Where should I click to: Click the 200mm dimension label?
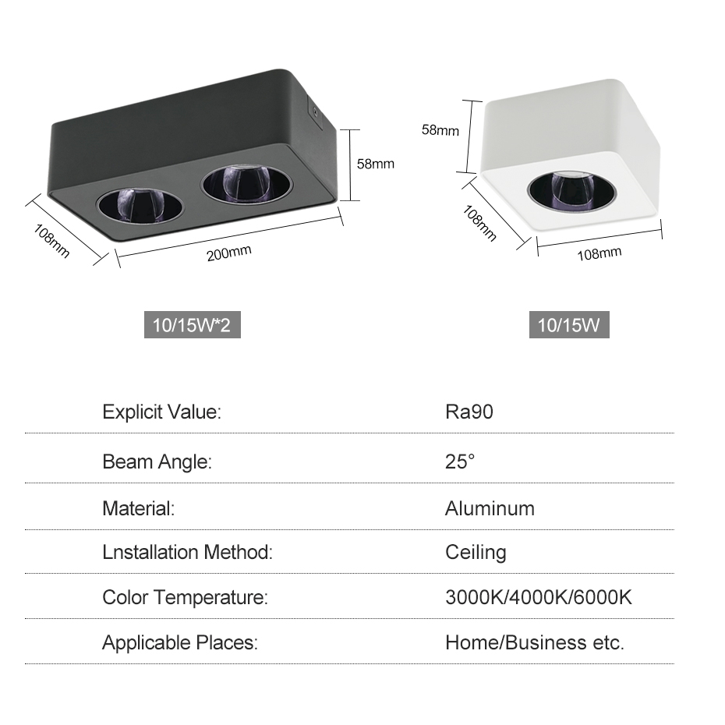coord(229,253)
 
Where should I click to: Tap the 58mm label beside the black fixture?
coord(376,164)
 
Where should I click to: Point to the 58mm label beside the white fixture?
coord(440,130)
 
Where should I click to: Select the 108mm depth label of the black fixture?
coord(51,241)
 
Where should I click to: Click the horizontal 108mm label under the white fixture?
coord(599,254)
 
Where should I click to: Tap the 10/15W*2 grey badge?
coord(193,325)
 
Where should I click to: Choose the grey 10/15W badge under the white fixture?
coord(569,325)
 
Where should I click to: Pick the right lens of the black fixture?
coord(247,183)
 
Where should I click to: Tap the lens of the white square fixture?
coord(571,191)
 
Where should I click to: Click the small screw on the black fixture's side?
coord(316,111)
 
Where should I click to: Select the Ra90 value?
coord(469,412)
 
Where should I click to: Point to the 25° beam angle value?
coord(460,462)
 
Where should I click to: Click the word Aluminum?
coord(490,508)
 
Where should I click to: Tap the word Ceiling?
coord(476,553)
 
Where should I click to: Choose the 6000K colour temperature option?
coord(603,597)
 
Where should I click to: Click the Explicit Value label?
coord(162,412)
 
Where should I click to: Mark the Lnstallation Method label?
coord(187,552)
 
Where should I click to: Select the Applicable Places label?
coord(180,642)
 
